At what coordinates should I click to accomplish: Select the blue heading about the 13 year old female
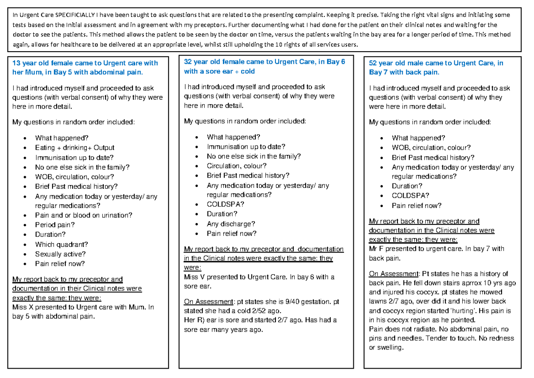coord(85,68)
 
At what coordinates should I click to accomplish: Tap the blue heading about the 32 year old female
coord(264,67)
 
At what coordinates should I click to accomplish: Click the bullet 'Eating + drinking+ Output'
coord(75,147)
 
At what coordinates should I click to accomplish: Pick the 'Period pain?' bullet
coord(55,225)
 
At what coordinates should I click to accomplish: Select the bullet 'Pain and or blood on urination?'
coord(84,215)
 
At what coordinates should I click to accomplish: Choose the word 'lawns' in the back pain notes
coord(379,301)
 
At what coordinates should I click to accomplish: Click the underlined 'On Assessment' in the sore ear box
coord(206,302)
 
